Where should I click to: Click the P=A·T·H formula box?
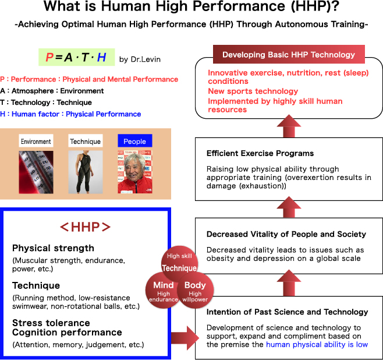click(76, 57)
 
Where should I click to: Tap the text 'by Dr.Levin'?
click(140, 59)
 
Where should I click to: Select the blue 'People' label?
click(135, 141)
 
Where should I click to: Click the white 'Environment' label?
click(36, 141)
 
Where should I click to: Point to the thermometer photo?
click(36, 172)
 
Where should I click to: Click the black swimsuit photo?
click(85, 172)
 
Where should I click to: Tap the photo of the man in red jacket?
click(135, 172)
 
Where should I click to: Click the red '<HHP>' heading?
click(85, 227)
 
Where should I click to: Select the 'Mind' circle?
click(163, 290)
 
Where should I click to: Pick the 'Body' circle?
click(195, 290)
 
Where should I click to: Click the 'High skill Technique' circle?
click(179, 264)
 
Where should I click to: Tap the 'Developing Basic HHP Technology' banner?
click(289, 54)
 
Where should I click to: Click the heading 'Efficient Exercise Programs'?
click(260, 153)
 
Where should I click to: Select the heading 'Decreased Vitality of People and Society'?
click(286, 234)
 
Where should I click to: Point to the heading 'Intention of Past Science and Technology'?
click(288, 312)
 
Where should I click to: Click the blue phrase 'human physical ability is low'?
click(317, 344)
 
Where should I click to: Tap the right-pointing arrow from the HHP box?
click(185, 338)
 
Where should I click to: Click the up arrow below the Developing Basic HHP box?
click(289, 126)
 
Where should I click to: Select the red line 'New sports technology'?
click(253, 91)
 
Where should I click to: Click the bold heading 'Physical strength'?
click(53, 248)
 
